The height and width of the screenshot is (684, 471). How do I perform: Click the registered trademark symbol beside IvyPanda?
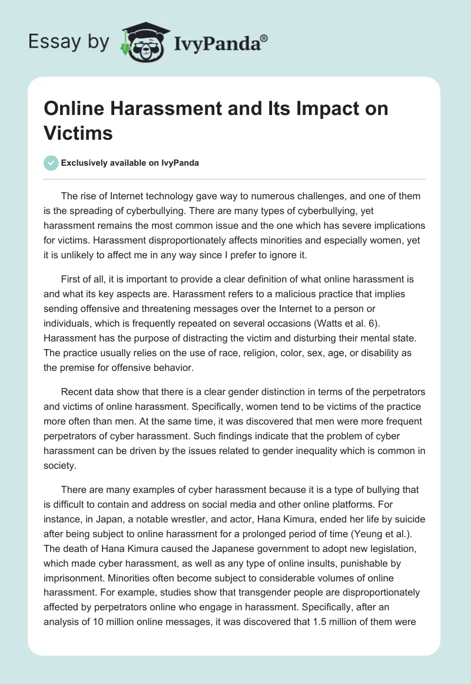point(264,38)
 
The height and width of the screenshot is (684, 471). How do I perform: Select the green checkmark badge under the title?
point(51,163)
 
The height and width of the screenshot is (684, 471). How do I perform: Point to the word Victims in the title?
point(78,133)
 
